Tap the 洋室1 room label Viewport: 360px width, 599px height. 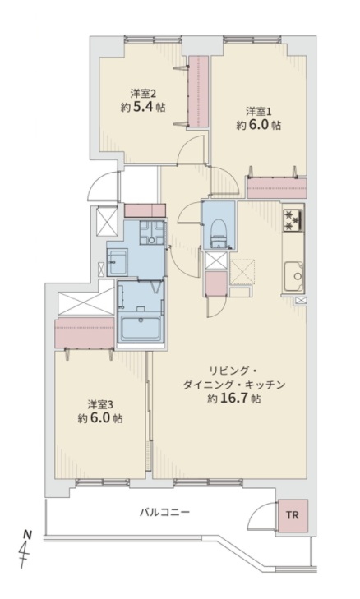[x=258, y=112]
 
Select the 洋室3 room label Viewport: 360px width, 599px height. [x=99, y=404]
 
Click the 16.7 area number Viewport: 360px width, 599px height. [x=234, y=399]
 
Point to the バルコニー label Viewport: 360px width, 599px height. [x=164, y=512]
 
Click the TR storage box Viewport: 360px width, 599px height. [x=293, y=516]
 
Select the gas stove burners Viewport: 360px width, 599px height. [x=293, y=220]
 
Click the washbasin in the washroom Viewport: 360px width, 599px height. [x=117, y=262]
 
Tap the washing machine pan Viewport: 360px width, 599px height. [x=153, y=232]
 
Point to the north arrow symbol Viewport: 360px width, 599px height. [x=26, y=548]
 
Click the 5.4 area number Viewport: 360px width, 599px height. [x=143, y=107]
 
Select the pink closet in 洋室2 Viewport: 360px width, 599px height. [x=199, y=91]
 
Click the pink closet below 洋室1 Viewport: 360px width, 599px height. [x=277, y=188]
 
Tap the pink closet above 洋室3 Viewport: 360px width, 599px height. [x=85, y=333]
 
